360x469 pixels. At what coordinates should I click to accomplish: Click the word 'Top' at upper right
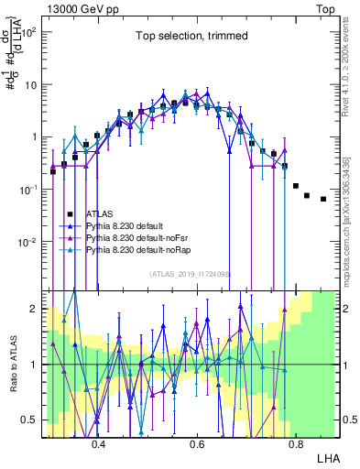(327, 7)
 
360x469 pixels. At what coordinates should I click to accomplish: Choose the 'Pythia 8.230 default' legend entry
(129, 224)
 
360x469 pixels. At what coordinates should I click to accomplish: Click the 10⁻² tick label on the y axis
(28, 243)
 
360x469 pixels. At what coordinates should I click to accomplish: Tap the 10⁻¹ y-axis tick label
(28, 190)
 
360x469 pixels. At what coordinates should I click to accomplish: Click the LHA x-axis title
(326, 456)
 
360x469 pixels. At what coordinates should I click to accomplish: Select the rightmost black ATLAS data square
(323, 199)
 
